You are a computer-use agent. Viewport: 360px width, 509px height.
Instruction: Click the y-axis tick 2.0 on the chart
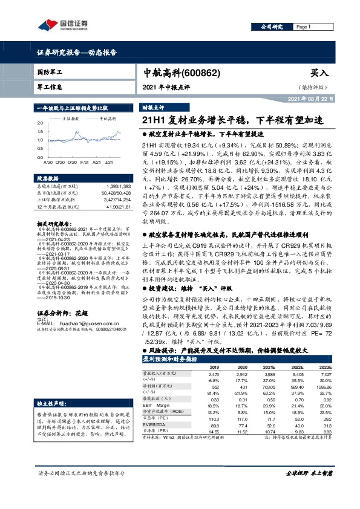click(40, 123)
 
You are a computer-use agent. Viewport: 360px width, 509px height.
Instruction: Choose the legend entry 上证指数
click(71, 120)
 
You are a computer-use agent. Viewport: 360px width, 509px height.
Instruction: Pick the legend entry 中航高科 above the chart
click(107, 120)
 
